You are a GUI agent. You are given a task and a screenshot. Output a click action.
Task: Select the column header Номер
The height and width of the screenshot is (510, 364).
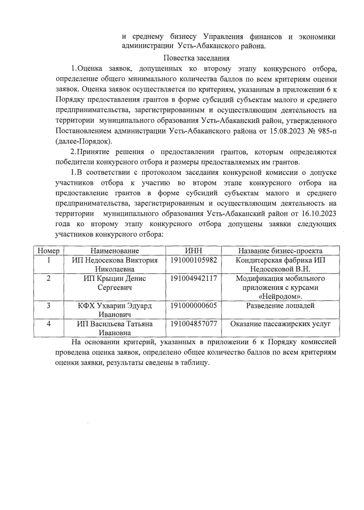pos(48,251)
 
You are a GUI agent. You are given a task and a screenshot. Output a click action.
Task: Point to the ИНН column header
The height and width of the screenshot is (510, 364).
pos(193,251)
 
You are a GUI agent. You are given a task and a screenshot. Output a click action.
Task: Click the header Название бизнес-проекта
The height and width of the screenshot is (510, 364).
pos(280,251)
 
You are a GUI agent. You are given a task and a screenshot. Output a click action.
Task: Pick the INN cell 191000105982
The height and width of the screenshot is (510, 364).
pos(193,260)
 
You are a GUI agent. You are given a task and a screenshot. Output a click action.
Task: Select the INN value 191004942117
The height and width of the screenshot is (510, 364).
pos(193,278)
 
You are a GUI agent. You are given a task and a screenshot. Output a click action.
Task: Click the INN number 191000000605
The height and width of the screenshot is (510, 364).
pos(193,306)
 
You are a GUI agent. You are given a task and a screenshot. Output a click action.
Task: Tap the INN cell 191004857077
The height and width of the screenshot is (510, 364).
pos(193,324)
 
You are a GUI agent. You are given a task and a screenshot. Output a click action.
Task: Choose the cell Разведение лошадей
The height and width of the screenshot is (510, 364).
pos(280,306)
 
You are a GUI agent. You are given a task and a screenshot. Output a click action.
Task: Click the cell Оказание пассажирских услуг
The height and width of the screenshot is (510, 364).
pos(280,324)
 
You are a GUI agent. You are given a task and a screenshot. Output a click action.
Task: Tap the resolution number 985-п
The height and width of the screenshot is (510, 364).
pos(325,131)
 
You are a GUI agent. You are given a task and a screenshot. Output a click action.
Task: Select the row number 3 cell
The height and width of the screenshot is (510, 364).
pos(48,306)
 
